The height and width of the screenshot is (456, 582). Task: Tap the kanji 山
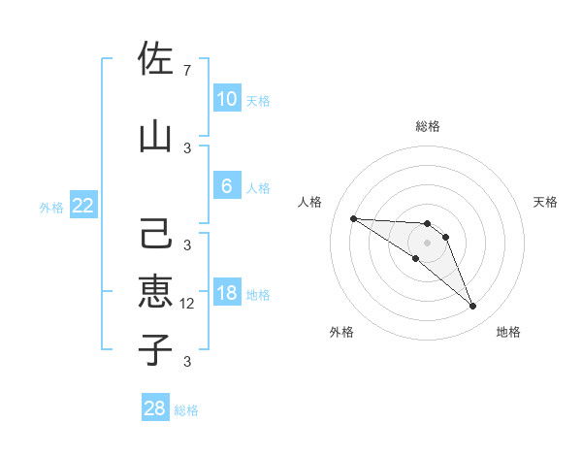point(155,136)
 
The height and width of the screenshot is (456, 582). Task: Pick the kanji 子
point(155,348)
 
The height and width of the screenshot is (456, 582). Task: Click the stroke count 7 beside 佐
point(187,71)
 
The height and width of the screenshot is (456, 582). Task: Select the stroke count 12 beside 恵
point(189,304)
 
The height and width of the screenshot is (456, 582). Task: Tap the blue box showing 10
point(226,99)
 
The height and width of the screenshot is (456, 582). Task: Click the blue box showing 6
point(226,186)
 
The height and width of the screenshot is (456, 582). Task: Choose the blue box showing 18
point(226,293)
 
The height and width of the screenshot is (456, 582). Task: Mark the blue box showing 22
point(82,206)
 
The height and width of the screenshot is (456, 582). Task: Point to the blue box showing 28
point(155,408)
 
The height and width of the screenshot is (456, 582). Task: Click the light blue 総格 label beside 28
point(186,410)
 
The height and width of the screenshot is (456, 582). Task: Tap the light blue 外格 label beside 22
point(51,207)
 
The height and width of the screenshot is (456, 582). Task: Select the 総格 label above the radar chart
point(427,126)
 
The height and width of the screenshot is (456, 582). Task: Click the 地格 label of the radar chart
point(508,332)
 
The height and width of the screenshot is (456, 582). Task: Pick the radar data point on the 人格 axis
point(353,218)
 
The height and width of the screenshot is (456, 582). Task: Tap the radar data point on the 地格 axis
point(473,307)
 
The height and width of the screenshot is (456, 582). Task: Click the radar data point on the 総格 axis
point(427,223)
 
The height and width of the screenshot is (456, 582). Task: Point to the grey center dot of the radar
point(427,243)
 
